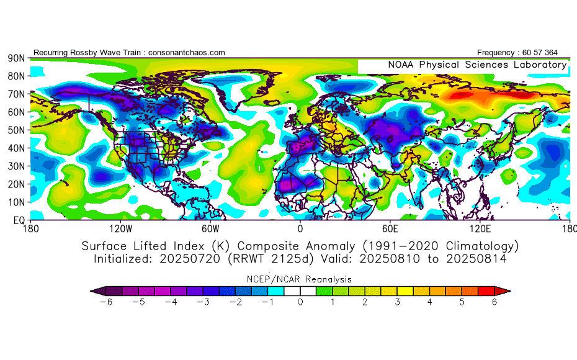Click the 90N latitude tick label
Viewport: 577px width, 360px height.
coord(16,58)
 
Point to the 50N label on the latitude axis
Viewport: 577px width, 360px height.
coord(16,130)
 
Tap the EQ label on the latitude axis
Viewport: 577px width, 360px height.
coord(19,220)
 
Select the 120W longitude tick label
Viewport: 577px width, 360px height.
coord(121,229)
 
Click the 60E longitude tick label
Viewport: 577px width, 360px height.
coord(390,229)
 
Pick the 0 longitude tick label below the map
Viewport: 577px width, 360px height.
coord(300,229)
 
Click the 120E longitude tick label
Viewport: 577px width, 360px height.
coord(480,229)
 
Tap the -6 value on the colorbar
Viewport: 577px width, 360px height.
coord(106,302)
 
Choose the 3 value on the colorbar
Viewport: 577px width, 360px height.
coord(398,302)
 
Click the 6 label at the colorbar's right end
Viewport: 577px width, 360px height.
coord(494,302)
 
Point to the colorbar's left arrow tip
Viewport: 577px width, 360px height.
coord(91,291)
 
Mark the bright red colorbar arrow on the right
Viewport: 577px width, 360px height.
coord(503,291)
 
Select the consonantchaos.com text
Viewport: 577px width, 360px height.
coord(187,53)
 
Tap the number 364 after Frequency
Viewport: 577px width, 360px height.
coord(551,53)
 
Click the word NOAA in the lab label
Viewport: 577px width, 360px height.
coord(401,65)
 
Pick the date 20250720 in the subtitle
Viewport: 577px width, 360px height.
coord(190,259)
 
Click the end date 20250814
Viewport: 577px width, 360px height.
coord(476,259)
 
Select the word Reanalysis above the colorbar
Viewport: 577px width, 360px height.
coord(328,279)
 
